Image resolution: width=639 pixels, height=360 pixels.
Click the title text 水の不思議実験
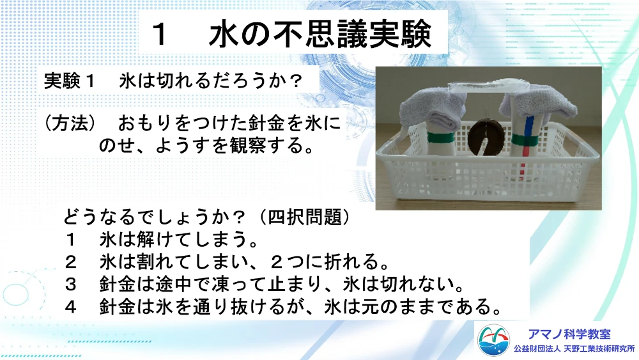320,34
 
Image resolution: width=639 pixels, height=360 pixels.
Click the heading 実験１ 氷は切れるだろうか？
173,81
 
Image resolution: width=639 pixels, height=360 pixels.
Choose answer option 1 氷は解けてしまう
162,239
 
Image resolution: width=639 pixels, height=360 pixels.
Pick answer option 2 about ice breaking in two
227,262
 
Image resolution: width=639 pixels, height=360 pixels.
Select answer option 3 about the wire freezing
265,284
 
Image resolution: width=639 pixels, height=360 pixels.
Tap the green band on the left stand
440,138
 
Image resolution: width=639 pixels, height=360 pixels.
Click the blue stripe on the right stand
529,130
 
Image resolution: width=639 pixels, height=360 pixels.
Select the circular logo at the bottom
493,340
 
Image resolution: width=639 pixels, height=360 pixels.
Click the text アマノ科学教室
569,334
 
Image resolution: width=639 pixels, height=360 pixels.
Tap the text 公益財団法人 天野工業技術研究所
574,349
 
